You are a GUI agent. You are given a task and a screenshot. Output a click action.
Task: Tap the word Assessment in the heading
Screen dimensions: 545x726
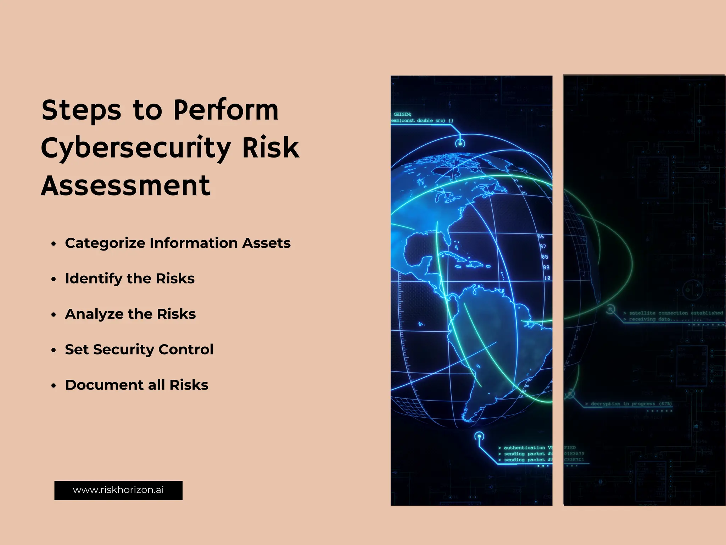pyautogui.click(x=126, y=186)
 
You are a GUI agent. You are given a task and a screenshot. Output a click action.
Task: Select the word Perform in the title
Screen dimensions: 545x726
pyautogui.click(x=226, y=110)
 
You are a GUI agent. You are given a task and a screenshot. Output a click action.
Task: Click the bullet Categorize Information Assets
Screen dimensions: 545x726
pyautogui.click(x=178, y=243)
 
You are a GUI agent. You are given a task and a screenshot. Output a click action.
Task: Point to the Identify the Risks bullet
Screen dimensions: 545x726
pyautogui.click(x=130, y=279)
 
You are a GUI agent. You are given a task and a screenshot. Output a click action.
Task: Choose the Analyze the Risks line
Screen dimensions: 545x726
pyautogui.click(x=130, y=314)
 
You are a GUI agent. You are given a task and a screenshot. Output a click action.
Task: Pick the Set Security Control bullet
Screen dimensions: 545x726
pyautogui.click(x=139, y=349)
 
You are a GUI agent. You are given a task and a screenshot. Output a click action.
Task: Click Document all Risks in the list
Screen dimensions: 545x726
pyautogui.click(x=136, y=385)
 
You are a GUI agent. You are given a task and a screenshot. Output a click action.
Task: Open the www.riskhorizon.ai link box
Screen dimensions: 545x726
pyautogui.click(x=118, y=490)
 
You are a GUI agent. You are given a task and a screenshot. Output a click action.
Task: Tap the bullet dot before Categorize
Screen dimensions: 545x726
pyautogui.click(x=54, y=244)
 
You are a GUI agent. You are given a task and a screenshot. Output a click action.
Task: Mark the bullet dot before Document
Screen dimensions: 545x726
pyautogui.click(x=54, y=386)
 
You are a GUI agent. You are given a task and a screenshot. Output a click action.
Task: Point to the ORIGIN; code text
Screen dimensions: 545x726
pyautogui.click(x=402, y=114)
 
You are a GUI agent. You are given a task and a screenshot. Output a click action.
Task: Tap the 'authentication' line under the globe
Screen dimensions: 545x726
pyautogui.click(x=525, y=448)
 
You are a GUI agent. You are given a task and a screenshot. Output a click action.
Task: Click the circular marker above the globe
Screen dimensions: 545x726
pyautogui.click(x=460, y=143)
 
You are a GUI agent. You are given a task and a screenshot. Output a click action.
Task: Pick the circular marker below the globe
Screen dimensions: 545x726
pyautogui.click(x=479, y=436)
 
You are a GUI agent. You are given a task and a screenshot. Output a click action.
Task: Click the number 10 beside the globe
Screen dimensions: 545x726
pyautogui.click(x=547, y=278)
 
